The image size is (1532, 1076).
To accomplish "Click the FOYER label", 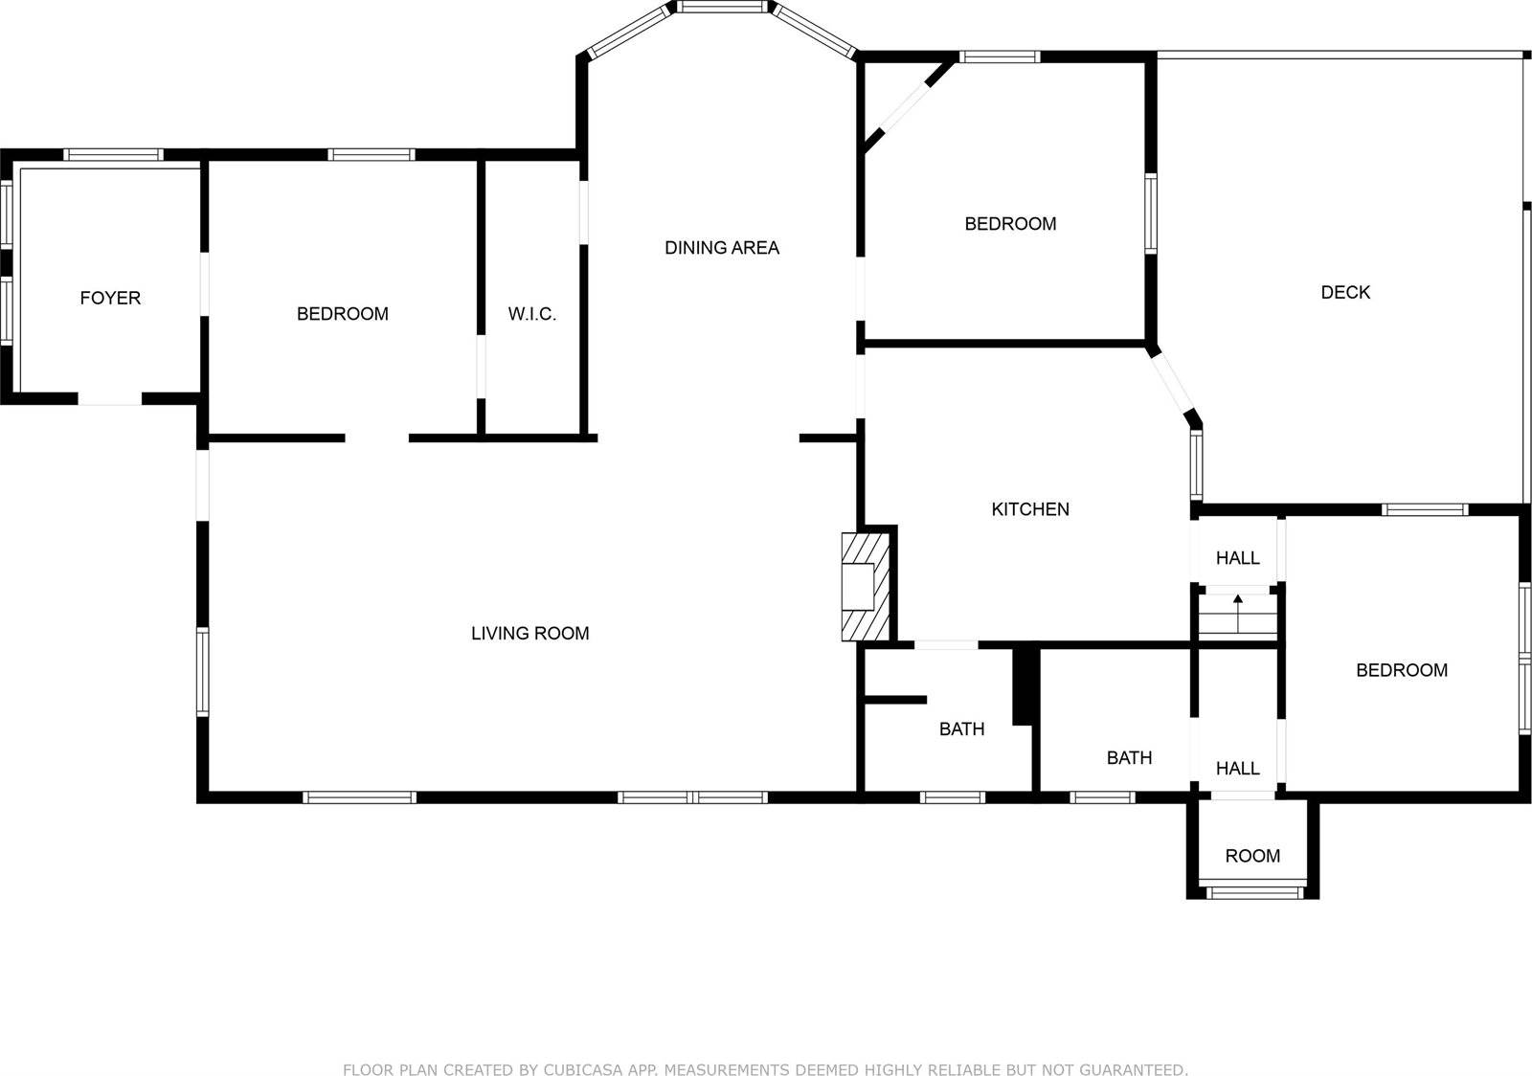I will point(110,299).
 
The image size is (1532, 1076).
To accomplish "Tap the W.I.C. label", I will point(531,315).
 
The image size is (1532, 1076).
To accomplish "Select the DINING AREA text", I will point(722,249).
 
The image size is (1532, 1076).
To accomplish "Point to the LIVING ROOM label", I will point(529,634).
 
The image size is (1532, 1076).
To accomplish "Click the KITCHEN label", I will point(1030,510).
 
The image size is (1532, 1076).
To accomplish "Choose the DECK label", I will point(1345,293).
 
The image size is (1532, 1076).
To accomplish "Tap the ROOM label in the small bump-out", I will point(1252,857).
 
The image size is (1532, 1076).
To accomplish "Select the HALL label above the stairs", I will point(1238,558).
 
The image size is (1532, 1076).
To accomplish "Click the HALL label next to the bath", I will point(1238,769).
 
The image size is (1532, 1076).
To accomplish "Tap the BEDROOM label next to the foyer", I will point(342,315).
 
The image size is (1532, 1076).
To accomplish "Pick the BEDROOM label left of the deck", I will point(1010,225).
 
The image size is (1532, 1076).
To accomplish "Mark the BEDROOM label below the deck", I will point(1402,671).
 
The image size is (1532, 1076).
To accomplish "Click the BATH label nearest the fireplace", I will point(961,729).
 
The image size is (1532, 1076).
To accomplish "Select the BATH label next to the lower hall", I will point(1129,758).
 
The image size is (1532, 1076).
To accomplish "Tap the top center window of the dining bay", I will point(722,7).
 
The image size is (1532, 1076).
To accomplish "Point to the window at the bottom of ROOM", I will point(1252,893).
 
